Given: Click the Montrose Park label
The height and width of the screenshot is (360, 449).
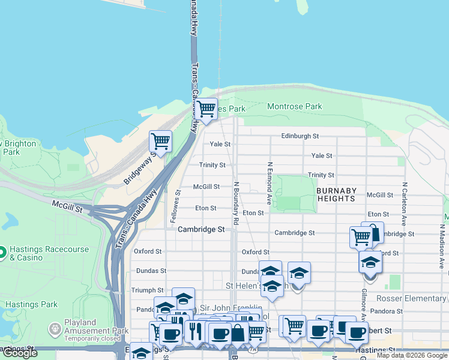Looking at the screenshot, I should [294, 106].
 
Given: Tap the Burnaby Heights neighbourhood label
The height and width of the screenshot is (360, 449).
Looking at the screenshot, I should [336, 194].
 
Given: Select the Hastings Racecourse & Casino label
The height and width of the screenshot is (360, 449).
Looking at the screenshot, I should [49, 253].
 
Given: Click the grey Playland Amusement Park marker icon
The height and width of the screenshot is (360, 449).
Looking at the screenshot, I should [55, 329].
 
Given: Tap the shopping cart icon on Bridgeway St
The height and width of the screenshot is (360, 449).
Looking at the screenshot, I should [160, 142].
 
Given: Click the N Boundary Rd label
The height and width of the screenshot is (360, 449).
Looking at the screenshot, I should [237, 204].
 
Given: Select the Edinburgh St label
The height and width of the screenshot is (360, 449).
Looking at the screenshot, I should [300, 136].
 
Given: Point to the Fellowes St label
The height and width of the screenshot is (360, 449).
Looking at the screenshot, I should [178, 206].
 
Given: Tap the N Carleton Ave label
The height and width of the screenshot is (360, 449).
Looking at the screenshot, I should [405, 203].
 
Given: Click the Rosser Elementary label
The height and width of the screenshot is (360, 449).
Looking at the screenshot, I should [411, 298].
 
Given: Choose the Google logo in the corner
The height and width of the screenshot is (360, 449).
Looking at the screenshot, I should [19, 353].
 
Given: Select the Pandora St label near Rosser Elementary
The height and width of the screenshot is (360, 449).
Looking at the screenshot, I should [386, 311].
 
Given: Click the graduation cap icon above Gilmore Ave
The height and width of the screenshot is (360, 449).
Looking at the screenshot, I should [370, 263].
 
